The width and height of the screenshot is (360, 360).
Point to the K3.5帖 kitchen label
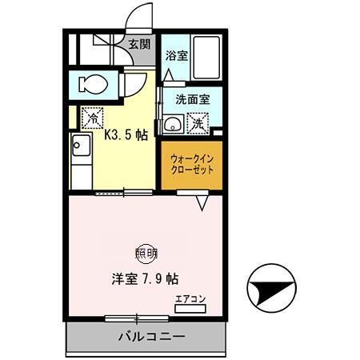coord(126,135)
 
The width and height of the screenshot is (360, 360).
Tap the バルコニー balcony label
coord(146,336)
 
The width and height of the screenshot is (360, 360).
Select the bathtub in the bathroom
coord(207,57)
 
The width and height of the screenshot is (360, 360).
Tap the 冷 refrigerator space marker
coord(93,116)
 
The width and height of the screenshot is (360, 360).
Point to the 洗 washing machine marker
coord(196,124)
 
